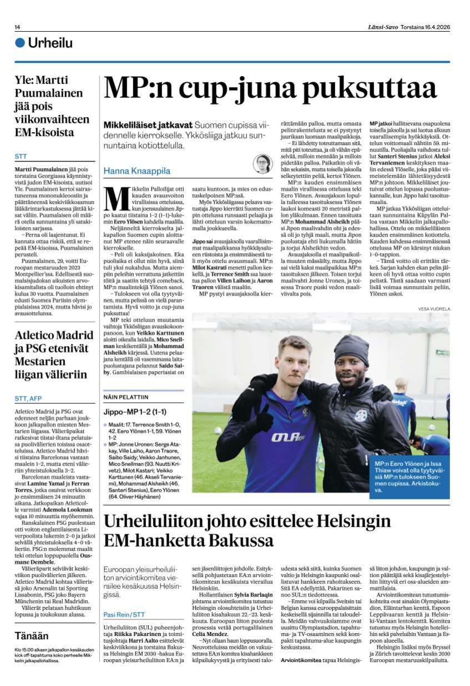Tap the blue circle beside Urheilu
(21, 43)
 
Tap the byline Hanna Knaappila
(137, 171)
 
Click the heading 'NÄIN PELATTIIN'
(126, 397)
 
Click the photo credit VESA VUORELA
(434, 308)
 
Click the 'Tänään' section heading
(32, 636)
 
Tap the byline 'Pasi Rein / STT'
(124, 615)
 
